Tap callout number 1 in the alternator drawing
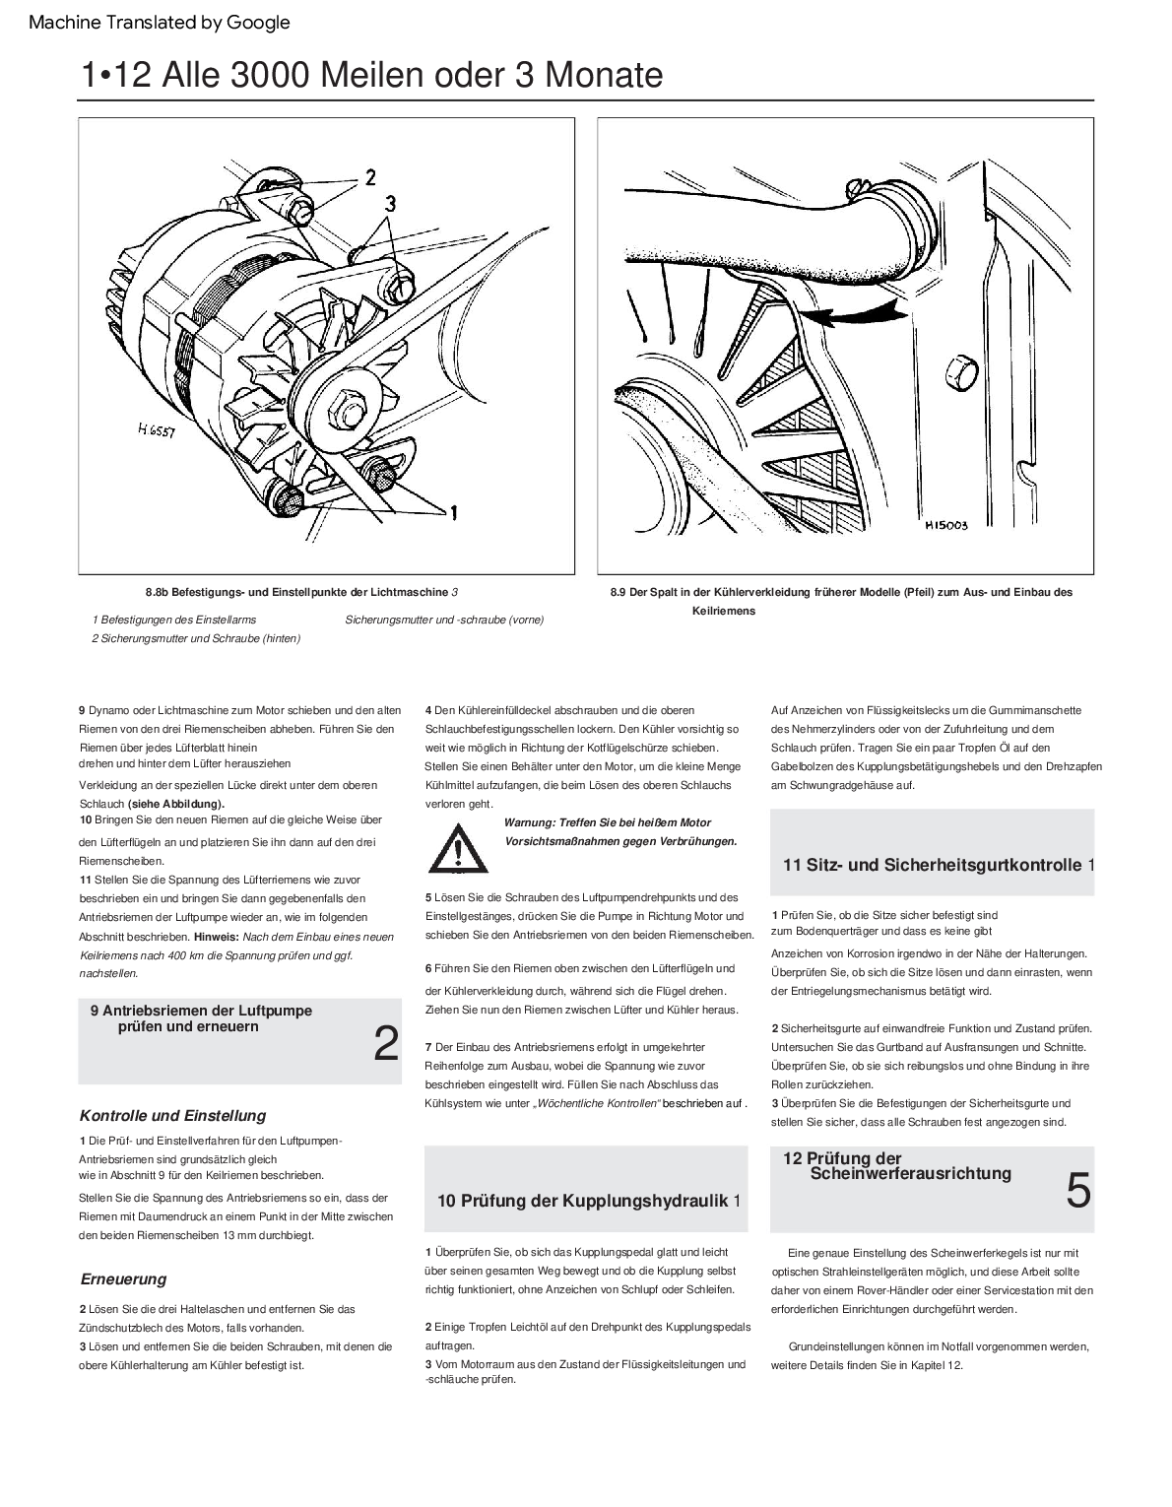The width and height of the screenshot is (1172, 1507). pos(454,512)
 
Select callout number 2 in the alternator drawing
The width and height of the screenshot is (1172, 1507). pos(370,177)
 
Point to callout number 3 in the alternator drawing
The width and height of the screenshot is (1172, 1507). pos(391,204)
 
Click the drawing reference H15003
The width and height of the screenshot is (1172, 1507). pos(945,525)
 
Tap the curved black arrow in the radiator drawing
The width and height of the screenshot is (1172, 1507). pos(852,312)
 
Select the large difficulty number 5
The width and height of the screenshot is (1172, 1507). pos(1078,1192)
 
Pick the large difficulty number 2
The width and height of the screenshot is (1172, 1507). pos(386,1044)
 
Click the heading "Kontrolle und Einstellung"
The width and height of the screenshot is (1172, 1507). pos(172,1116)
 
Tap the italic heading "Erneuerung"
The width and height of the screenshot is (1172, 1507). pos(123,1279)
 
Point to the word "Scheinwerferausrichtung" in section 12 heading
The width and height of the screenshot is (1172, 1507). pos(910,1173)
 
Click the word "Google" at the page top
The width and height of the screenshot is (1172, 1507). pos(259,22)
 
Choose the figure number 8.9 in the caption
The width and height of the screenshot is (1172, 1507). pos(619,593)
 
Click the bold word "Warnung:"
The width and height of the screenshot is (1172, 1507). pos(534,823)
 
